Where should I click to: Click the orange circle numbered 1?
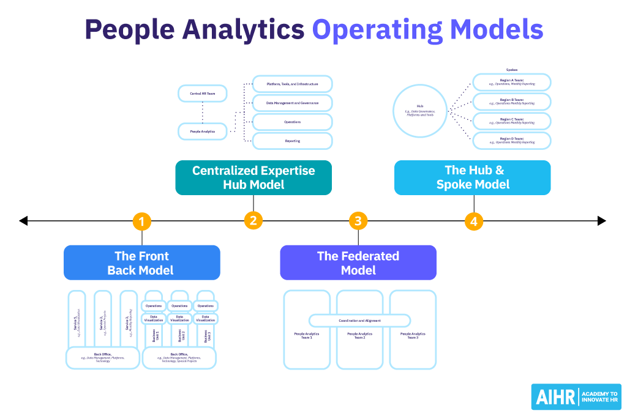pos(141,221)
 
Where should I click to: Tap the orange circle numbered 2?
pos(253,221)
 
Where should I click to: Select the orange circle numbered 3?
pos(358,221)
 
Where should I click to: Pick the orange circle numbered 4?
pos(473,221)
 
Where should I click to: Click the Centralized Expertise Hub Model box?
pos(253,177)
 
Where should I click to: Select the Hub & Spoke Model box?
pos(472,177)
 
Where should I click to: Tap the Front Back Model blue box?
pos(141,262)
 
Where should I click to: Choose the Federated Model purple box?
pos(358,262)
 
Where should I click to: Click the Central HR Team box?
pos(202,94)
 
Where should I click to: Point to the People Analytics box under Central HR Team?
pos(202,131)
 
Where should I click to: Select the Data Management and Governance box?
pos(292,103)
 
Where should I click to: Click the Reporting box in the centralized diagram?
pos(292,141)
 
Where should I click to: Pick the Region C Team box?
pos(511,121)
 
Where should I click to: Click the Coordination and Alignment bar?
pos(359,320)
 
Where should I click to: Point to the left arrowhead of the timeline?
pos(23,221)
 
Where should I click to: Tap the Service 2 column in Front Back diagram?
pos(102,319)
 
